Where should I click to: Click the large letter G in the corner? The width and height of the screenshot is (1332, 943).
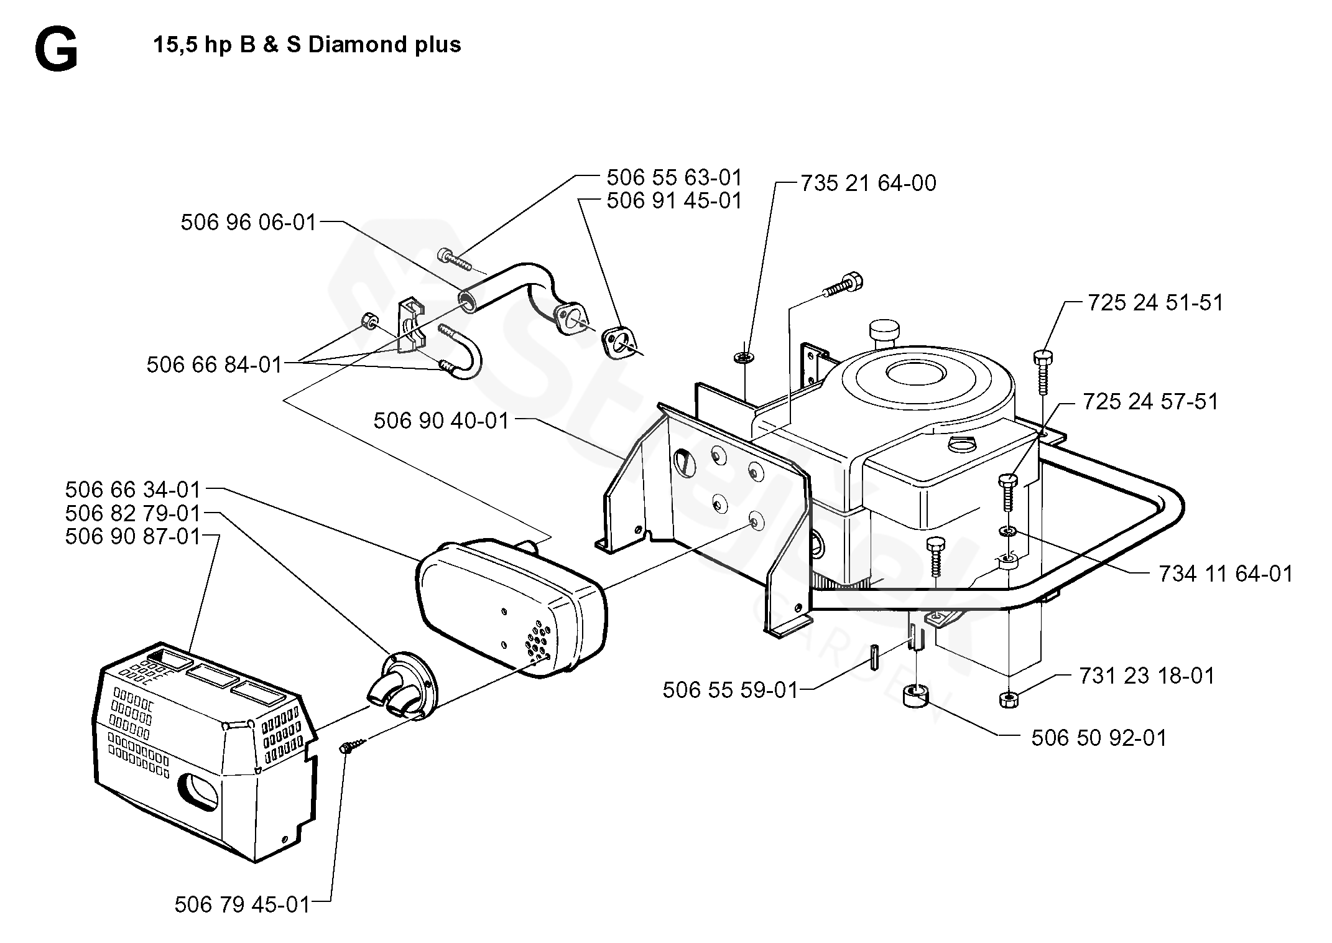pos(57,52)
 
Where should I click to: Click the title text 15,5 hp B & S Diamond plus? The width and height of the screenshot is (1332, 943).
pos(307,45)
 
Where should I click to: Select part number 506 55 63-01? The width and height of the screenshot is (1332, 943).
pos(675,178)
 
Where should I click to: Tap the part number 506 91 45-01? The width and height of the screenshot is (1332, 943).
pos(675,201)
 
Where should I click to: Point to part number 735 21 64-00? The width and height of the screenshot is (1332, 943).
pos(868,183)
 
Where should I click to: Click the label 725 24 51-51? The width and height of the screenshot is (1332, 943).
pos(1155,302)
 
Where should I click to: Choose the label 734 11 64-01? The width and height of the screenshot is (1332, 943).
pos(1226,574)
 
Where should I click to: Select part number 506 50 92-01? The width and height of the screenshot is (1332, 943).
pos(1099,738)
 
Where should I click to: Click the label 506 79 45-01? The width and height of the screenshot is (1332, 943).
pos(242,904)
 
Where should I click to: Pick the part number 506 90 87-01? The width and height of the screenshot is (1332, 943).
pos(133,536)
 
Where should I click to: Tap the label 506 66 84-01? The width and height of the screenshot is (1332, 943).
pos(215,365)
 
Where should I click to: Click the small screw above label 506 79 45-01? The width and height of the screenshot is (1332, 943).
pos(353,744)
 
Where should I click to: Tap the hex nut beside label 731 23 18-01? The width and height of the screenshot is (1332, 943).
pos(1008,699)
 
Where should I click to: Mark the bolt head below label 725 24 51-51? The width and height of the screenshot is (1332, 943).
pos(1043,357)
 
